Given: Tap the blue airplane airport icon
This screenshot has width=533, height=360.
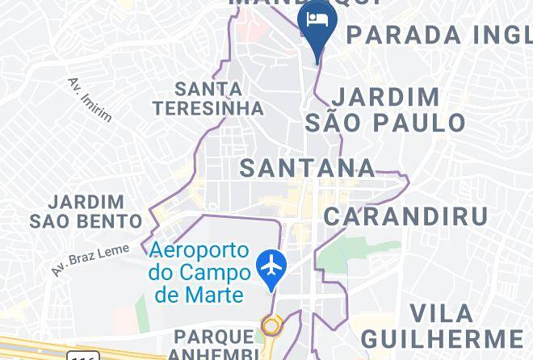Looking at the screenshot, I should click(272, 265).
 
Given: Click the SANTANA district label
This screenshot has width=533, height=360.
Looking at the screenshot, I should click(308, 168).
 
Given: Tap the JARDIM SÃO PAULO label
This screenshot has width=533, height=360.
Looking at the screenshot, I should click(386, 110).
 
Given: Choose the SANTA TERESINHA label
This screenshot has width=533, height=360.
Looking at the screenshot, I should click(209, 98).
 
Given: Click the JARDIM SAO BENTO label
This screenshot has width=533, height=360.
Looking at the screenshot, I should click(86, 211).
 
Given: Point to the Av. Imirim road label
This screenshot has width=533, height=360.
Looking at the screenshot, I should click(89, 99).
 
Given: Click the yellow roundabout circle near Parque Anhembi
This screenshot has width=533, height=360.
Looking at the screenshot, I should click(271, 327).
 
